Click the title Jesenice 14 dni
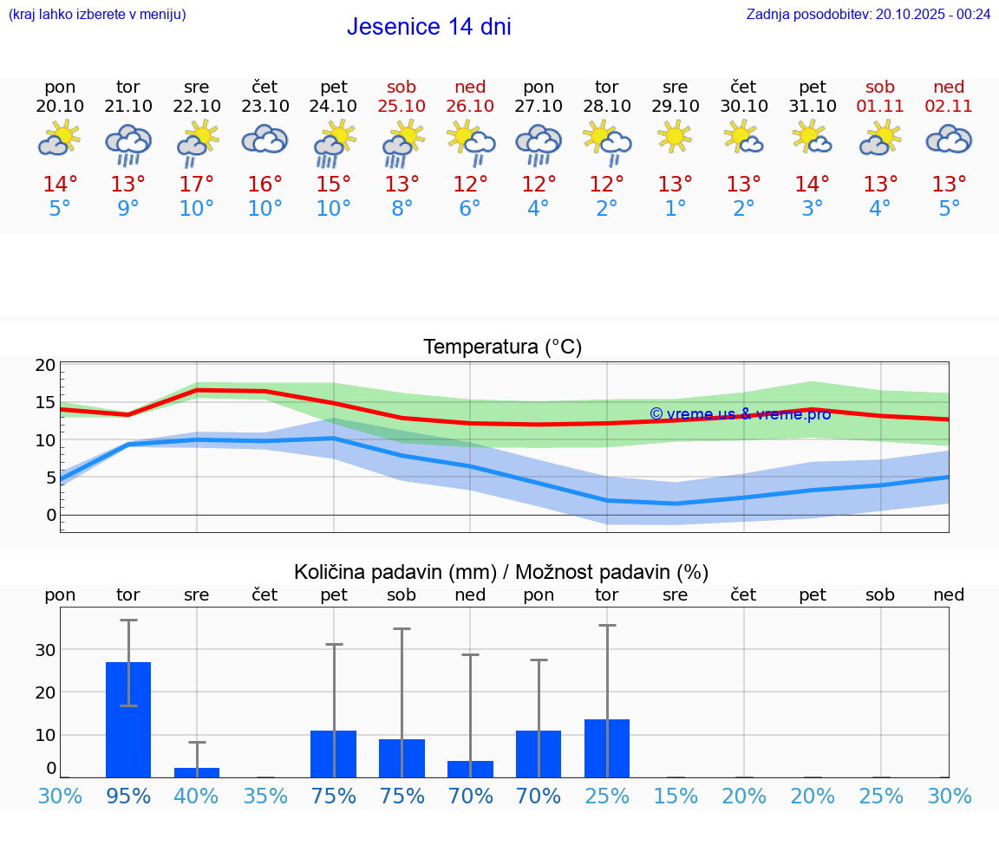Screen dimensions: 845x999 click(x=428, y=27)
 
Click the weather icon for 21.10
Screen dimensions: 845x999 click(x=128, y=143)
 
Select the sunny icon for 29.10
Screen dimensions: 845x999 click(x=675, y=137)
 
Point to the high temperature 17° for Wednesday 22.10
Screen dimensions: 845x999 click(x=197, y=185)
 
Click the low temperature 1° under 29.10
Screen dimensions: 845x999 click(x=675, y=209)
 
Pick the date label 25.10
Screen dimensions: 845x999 click(x=402, y=106)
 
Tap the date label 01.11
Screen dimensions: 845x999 click(x=880, y=106)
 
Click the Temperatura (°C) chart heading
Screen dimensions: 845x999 click(x=502, y=348)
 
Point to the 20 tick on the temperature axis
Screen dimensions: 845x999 click(x=46, y=366)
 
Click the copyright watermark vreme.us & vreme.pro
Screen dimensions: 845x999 click(x=740, y=414)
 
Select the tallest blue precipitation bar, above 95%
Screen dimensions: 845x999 click(x=128, y=719)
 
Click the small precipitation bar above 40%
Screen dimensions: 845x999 click(x=197, y=772)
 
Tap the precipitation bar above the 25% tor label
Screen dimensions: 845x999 click(x=607, y=748)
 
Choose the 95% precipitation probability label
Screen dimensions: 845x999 click(x=128, y=796)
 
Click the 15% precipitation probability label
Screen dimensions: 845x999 click(x=675, y=796)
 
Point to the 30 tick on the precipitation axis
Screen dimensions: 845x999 click(x=46, y=650)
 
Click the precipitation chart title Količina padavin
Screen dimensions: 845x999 click(x=501, y=572)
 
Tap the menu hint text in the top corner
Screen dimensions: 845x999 click(x=97, y=14)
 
